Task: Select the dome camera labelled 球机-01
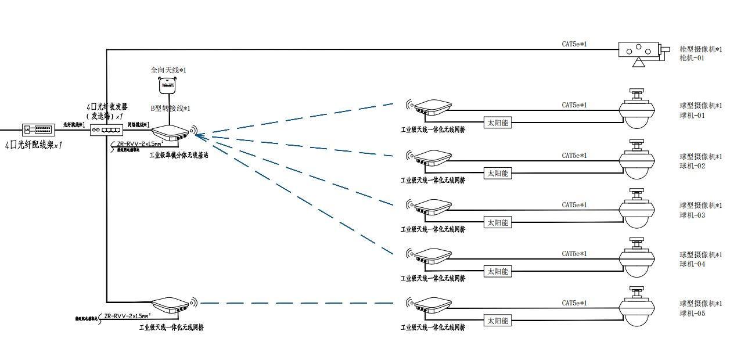coord(638,110)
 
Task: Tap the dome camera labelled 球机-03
coord(638,209)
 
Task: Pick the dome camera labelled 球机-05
coord(638,307)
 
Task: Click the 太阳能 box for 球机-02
coord(498,173)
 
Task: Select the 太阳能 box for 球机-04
coord(498,271)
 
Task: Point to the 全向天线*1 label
coord(168,70)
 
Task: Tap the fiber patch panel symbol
coord(38,129)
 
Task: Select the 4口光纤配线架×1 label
coord(33,145)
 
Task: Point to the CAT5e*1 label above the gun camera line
coord(574,44)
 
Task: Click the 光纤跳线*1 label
coord(74,125)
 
